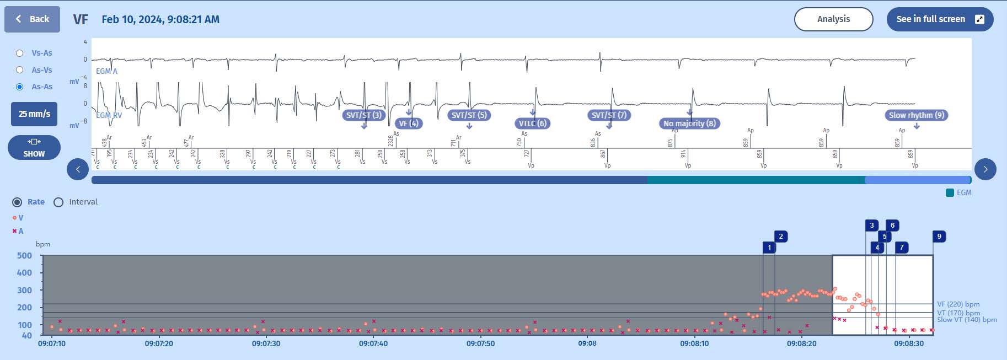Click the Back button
[x=32, y=19]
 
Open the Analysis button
[x=833, y=19]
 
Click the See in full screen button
[x=940, y=19]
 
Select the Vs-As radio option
[x=20, y=53]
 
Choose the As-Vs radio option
[x=20, y=70]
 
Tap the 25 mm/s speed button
[x=34, y=114]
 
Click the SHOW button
[x=34, y=147]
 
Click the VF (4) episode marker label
[x=409, y=123]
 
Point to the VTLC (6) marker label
[x=532, y=123]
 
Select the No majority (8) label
[x=689, y=123]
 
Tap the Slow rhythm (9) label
[x=917, y=115]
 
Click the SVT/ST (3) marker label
[x=364, y=115]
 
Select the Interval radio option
[x=58, y=202]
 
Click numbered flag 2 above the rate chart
[x=781, y=237]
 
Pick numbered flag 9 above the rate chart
[x=939, y=237]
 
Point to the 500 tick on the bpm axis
[x=25, y=255]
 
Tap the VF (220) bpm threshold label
[x=958, y=304]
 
